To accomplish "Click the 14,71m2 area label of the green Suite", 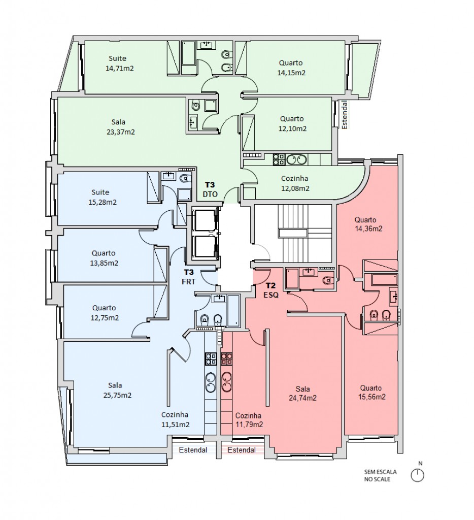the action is click(x=120, y=69).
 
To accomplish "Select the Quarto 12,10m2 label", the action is click(x=292, y=124).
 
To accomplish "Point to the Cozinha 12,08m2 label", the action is click(x=295, y=183).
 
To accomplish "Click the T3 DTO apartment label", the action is click(x=210, y=189).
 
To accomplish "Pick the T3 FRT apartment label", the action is click(x=189, y=277).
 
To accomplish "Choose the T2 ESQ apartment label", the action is click(x=271, y=290).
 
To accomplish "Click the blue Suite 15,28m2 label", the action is click(x=102, y=197).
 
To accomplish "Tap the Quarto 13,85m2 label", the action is click(x=104, y=258).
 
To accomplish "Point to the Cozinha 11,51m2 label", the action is click(x=175, y=419).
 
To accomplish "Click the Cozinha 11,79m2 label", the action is click(x=249, y=420).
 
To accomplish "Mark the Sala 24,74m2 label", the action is click(x=302, y=394).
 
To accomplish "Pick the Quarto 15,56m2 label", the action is click(x=371, y=393).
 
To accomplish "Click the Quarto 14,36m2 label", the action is click(x=368, y=224).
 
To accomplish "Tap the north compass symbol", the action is click(x=417, y=475).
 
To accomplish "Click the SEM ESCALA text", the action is click(x=380, y=472).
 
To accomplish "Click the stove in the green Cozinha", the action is click(x=279, y=159).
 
